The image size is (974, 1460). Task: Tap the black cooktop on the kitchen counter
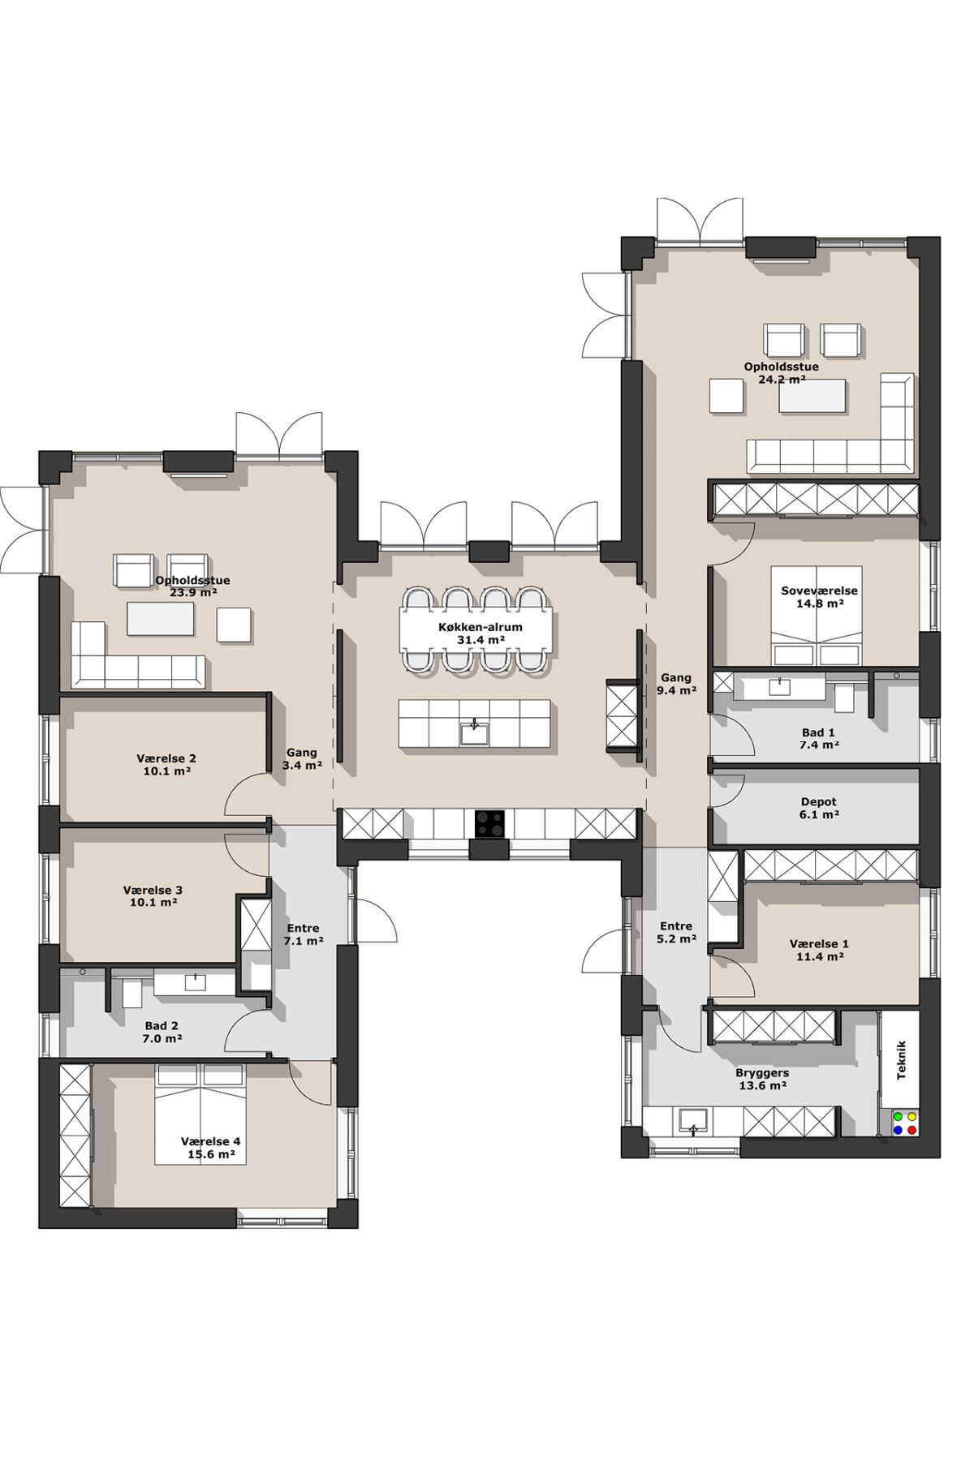point(489,824)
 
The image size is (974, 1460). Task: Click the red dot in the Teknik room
point(912,1129)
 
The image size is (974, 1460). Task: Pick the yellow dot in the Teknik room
point(912,1116)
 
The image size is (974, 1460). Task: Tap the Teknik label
point(901,1060)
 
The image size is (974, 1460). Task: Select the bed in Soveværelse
point(817,616)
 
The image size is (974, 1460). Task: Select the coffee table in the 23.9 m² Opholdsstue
point(161,618)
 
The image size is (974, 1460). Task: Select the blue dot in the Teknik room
point(899,1129)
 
